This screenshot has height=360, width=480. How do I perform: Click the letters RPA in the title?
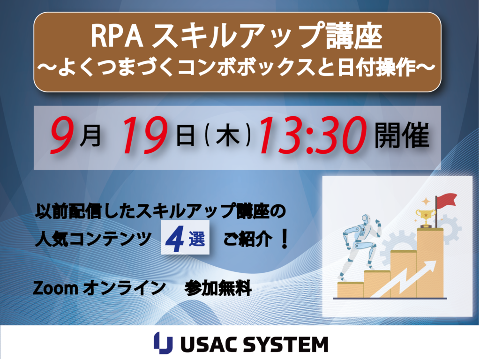[x=117, y=37]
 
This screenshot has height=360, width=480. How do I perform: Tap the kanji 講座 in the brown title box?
[x=354, y=36]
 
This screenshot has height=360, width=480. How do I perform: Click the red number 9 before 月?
[x=63, y=135]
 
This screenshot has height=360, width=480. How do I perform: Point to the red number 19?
[x=144, y=135]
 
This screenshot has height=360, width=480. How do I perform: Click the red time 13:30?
[x=313, y=135]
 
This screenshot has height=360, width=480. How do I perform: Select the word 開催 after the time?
[x=402, y=135]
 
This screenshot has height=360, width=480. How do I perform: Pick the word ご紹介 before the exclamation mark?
[x=248, y=239]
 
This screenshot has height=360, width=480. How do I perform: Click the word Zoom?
[x=55, y=288]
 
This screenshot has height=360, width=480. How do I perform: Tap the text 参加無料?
[x=218, y=288]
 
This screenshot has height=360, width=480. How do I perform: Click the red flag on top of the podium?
[x=447, y=201]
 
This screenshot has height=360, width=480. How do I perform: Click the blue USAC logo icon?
[x=163, y=343]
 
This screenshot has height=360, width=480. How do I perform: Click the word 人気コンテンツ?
[x=93, y=239]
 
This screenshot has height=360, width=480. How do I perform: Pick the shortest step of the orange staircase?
[x=350, y=290]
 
